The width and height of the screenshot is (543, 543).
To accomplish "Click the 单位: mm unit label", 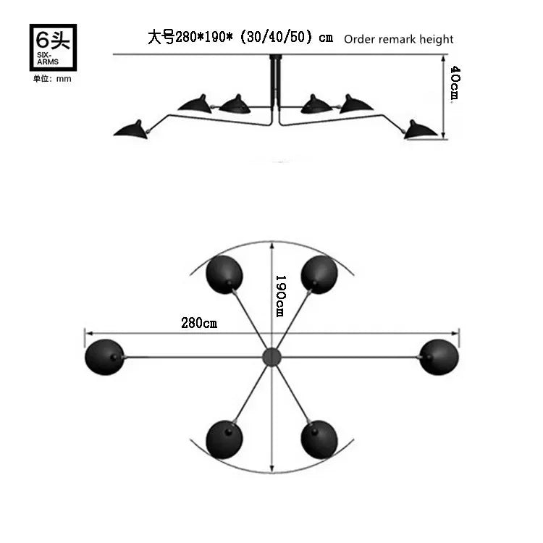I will click(x=52, y=78).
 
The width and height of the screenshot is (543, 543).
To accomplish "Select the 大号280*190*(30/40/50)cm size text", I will click(x=240, y=38).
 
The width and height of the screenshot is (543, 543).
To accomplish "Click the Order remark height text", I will click(x=398, y=39).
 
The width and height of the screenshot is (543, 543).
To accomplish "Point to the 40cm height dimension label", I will click(x=454, y=84).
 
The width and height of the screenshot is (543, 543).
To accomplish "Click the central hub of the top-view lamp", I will click(x=271, y=356).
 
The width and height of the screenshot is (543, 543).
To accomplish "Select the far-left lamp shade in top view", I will click(x=104, y=357).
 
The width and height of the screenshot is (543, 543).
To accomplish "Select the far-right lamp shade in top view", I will click(x=439, y=357).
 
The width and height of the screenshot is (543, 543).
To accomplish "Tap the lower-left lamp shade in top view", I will click(x=224, y=439).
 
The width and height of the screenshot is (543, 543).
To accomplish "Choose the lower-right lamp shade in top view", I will click(x=319, y=439).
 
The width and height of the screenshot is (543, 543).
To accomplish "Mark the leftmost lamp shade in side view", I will click(x=131, y=129).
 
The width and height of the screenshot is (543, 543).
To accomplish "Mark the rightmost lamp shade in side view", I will click(x=421, y=129).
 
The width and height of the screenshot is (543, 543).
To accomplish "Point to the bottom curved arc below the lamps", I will click(x=271, y=471).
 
